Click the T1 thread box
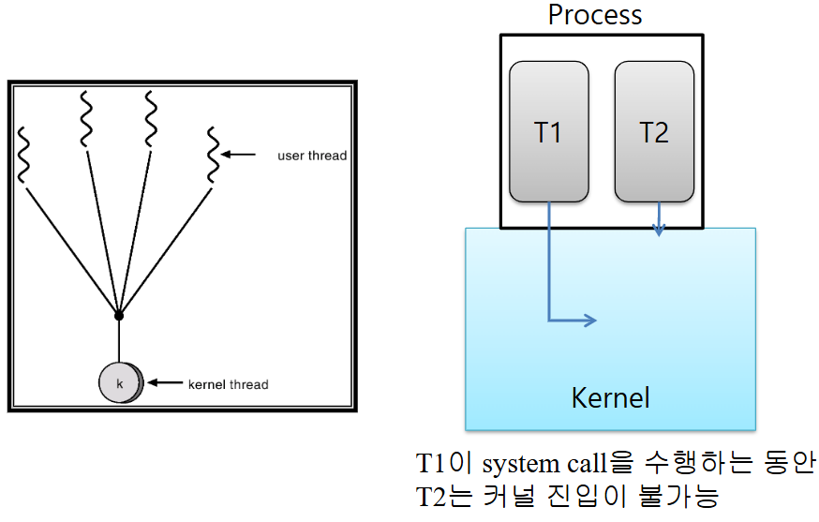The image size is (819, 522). click(549, 131)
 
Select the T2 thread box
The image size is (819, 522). click(654, 131)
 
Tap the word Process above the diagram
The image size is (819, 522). click(595, 15)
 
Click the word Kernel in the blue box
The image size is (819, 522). click(610, 397)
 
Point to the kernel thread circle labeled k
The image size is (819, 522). click(120, 383)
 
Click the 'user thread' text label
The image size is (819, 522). click(312, 156)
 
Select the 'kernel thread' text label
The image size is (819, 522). click(228, 384)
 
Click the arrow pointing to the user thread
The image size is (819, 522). click(243, 155)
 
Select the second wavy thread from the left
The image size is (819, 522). click(85, 119)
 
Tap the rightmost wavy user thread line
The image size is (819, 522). click(213, 155)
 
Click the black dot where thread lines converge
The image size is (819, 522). click(118, 314)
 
